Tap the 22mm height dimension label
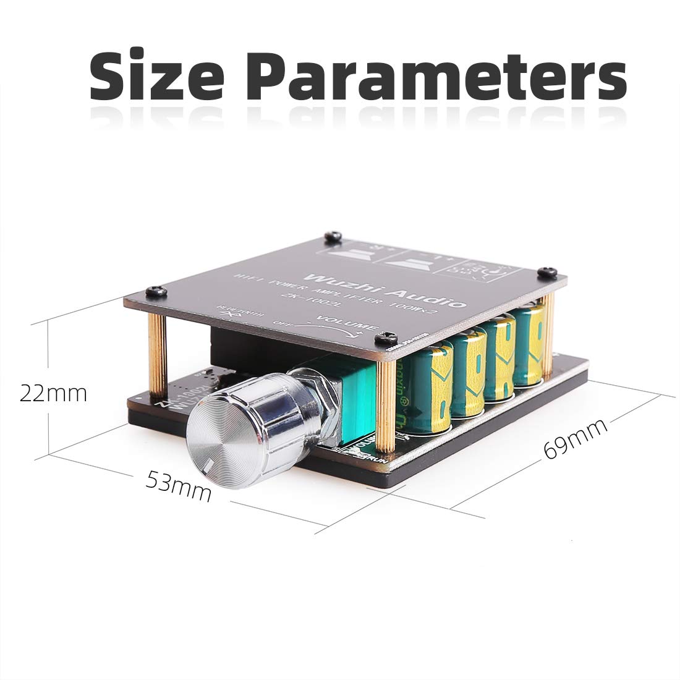click(53, 393)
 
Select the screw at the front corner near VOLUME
click(386, 338)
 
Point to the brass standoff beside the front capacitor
click(386, 402)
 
